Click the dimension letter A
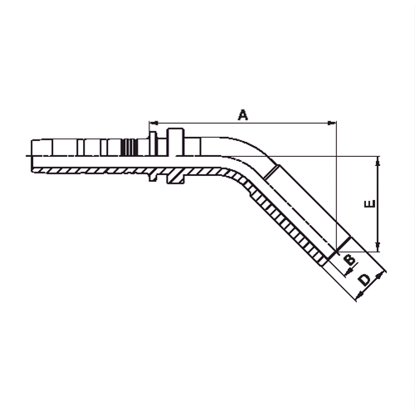click(243, 115)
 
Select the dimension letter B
click(349, 260)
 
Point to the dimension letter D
click(365, 280)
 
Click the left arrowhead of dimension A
click(154, 122)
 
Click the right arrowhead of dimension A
click(332, 123)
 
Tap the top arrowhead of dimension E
click(378, 161)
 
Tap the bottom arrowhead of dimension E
click(378, 247)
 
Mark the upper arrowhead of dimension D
click(381, 275)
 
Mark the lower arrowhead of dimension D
click(359, 295)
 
